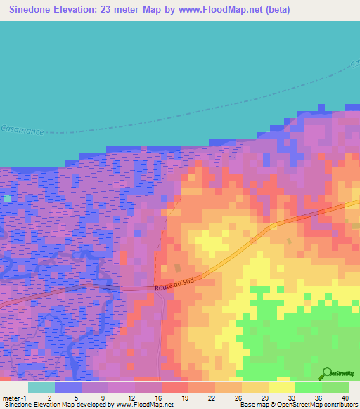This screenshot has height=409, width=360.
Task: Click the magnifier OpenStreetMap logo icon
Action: pyautogui.click(x=326, y=372)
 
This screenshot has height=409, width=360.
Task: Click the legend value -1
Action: pyautogui.click(x=26, y=398)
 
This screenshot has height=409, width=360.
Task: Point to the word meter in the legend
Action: pyautogui.click(x=11, y=398)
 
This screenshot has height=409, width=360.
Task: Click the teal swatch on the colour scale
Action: pyautogui.click(x=41, y=387)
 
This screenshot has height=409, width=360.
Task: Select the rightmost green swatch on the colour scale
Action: pyautogui.click(x=335, y=387)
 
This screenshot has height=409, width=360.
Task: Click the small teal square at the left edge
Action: pyautogui.click(x=7, y=199)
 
